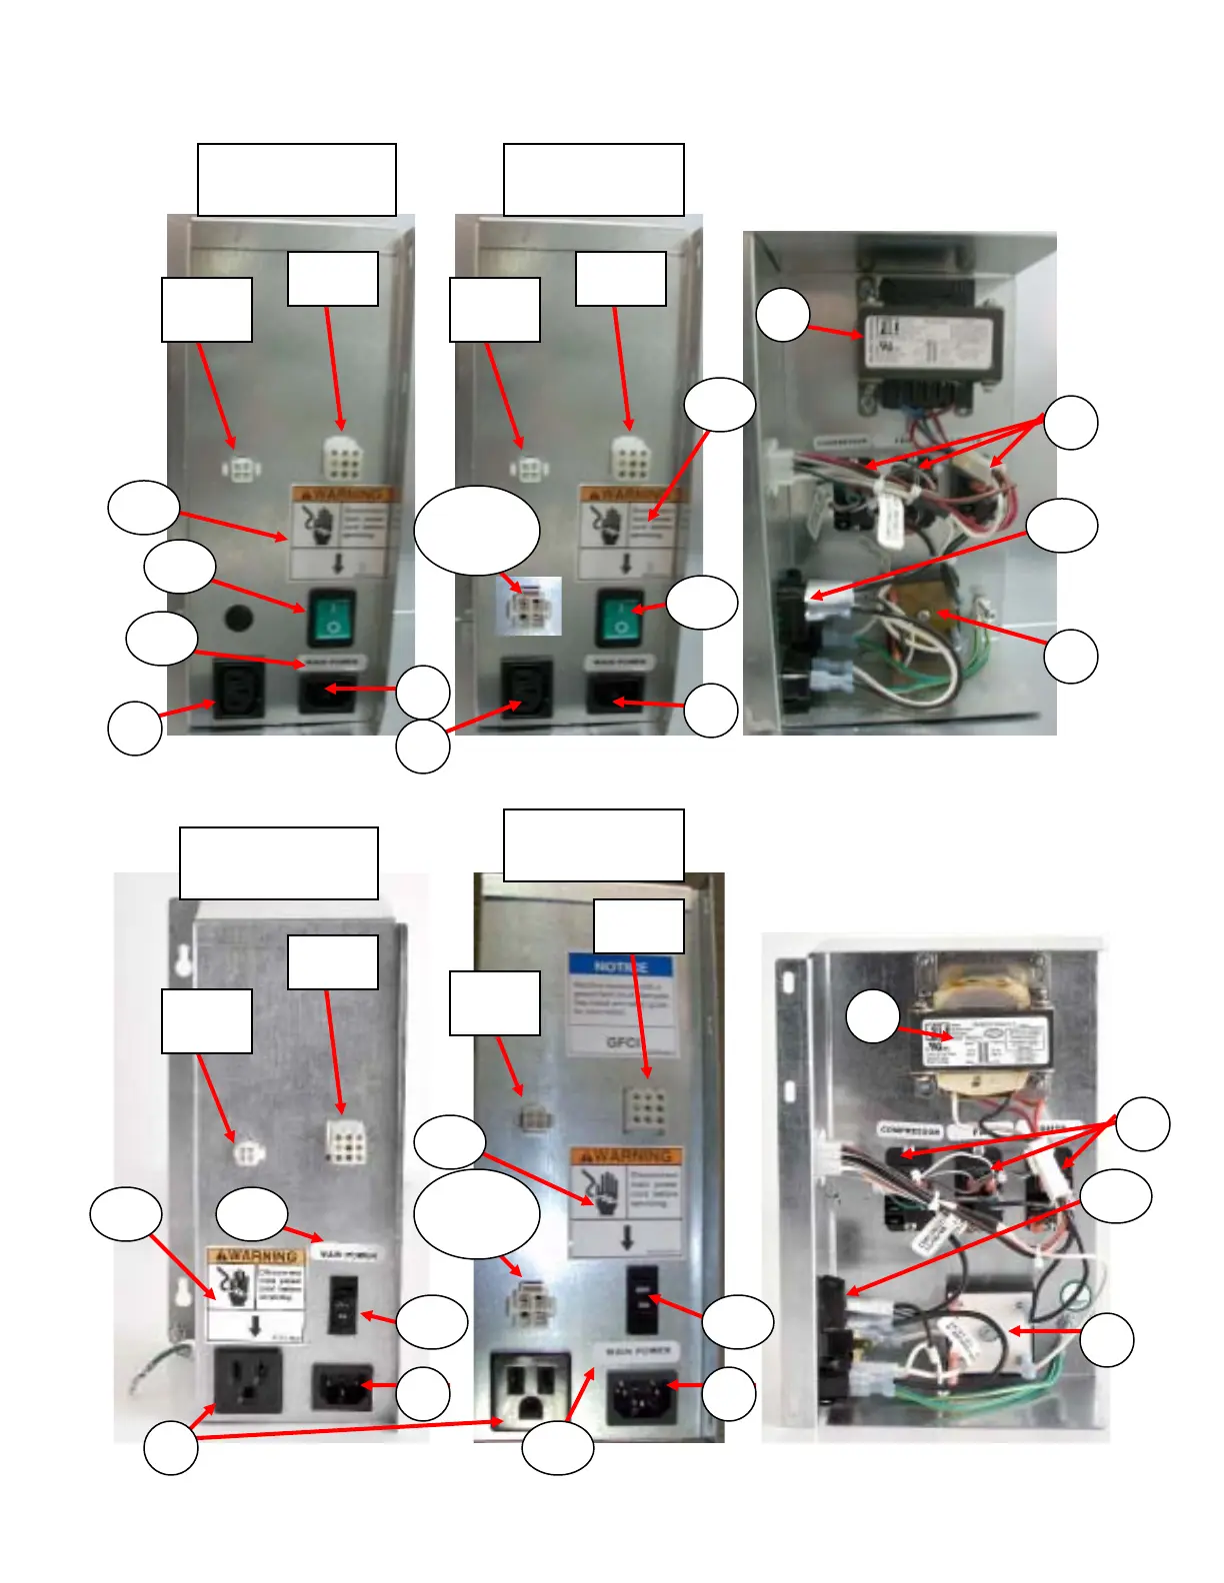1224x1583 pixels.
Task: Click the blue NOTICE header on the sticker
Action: click(620, 966)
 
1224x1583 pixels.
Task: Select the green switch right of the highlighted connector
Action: click(620, 617)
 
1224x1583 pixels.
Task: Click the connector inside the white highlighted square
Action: click(529, 607)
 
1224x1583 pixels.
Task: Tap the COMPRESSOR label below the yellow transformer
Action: click(909, 1130)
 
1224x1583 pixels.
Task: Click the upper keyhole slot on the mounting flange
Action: click(182, 959)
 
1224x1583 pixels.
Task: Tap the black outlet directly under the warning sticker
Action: click(249, 1380)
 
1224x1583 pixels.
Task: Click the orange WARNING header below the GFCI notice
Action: click(627, 1156)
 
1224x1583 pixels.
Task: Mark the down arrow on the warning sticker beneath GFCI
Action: click(627, 1237)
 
